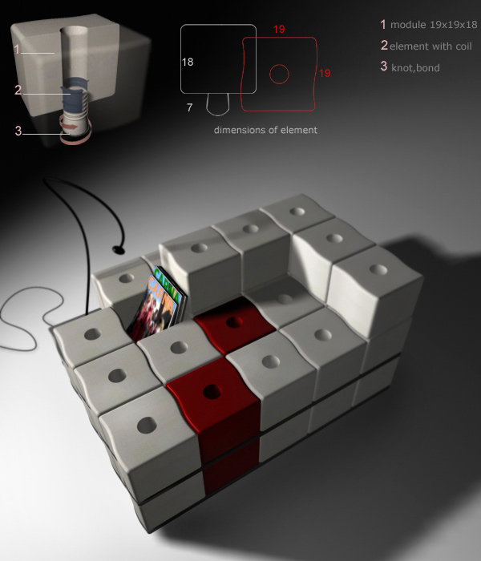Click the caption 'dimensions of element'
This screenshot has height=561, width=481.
coord(265,130)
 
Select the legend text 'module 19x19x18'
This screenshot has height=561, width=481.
coord(434,25)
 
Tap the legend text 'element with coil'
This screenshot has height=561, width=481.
coord(430,46)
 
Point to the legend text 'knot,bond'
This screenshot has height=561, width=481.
coord(415,68)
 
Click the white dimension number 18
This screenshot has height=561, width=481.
coord(188,62)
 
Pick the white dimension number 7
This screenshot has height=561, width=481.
coord(190,107)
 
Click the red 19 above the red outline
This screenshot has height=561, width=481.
coord(279,29)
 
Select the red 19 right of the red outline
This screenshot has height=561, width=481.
coord(324,73)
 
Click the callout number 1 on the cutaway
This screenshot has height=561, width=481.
coord(17,49)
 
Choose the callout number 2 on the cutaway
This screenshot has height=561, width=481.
coord(18,90)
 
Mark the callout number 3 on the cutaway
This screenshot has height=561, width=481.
coord(18,131)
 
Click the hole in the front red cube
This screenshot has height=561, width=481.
coord(212,392)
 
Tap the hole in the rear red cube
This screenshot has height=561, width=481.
coord(234,322)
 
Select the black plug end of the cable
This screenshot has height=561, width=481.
coord(119,249)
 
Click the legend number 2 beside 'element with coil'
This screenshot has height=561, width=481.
coord(384,46)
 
